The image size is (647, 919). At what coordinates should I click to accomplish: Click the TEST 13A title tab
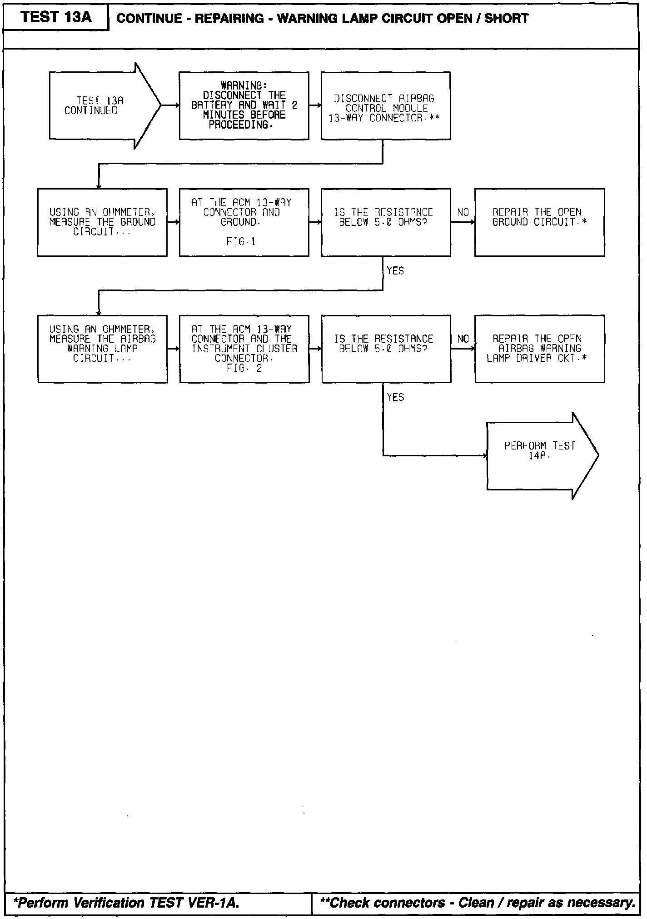(x=56, y=17)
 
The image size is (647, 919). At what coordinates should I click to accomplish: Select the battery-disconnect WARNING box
(x=244, y=105)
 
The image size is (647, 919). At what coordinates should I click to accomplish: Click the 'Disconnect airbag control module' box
(x=385, y=105)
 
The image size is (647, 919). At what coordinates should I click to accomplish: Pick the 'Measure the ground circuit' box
(x=102, y=222)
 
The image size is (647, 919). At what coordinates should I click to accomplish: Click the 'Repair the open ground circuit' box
(x=539, y=222)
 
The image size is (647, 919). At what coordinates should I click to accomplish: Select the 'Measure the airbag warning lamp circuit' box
(x=102, y=349)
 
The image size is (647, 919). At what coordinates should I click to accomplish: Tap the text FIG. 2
(x=244, y=368)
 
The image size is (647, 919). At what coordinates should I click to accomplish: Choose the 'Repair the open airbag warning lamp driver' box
(x=539, y=349)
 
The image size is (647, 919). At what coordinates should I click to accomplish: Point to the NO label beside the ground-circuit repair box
(x=463, y=213)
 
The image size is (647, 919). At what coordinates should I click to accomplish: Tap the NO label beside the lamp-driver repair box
(x=463, y=339)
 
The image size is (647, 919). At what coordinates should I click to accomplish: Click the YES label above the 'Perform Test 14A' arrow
(x=395, y=398)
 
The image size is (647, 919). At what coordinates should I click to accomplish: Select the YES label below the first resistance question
(x=395, y=271)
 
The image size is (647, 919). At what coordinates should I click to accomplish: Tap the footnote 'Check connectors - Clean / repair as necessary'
(x=478, y=903)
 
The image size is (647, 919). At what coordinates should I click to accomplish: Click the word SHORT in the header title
(x=507, y=19)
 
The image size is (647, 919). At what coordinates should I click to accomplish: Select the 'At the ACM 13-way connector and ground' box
(x=244, y=222)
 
